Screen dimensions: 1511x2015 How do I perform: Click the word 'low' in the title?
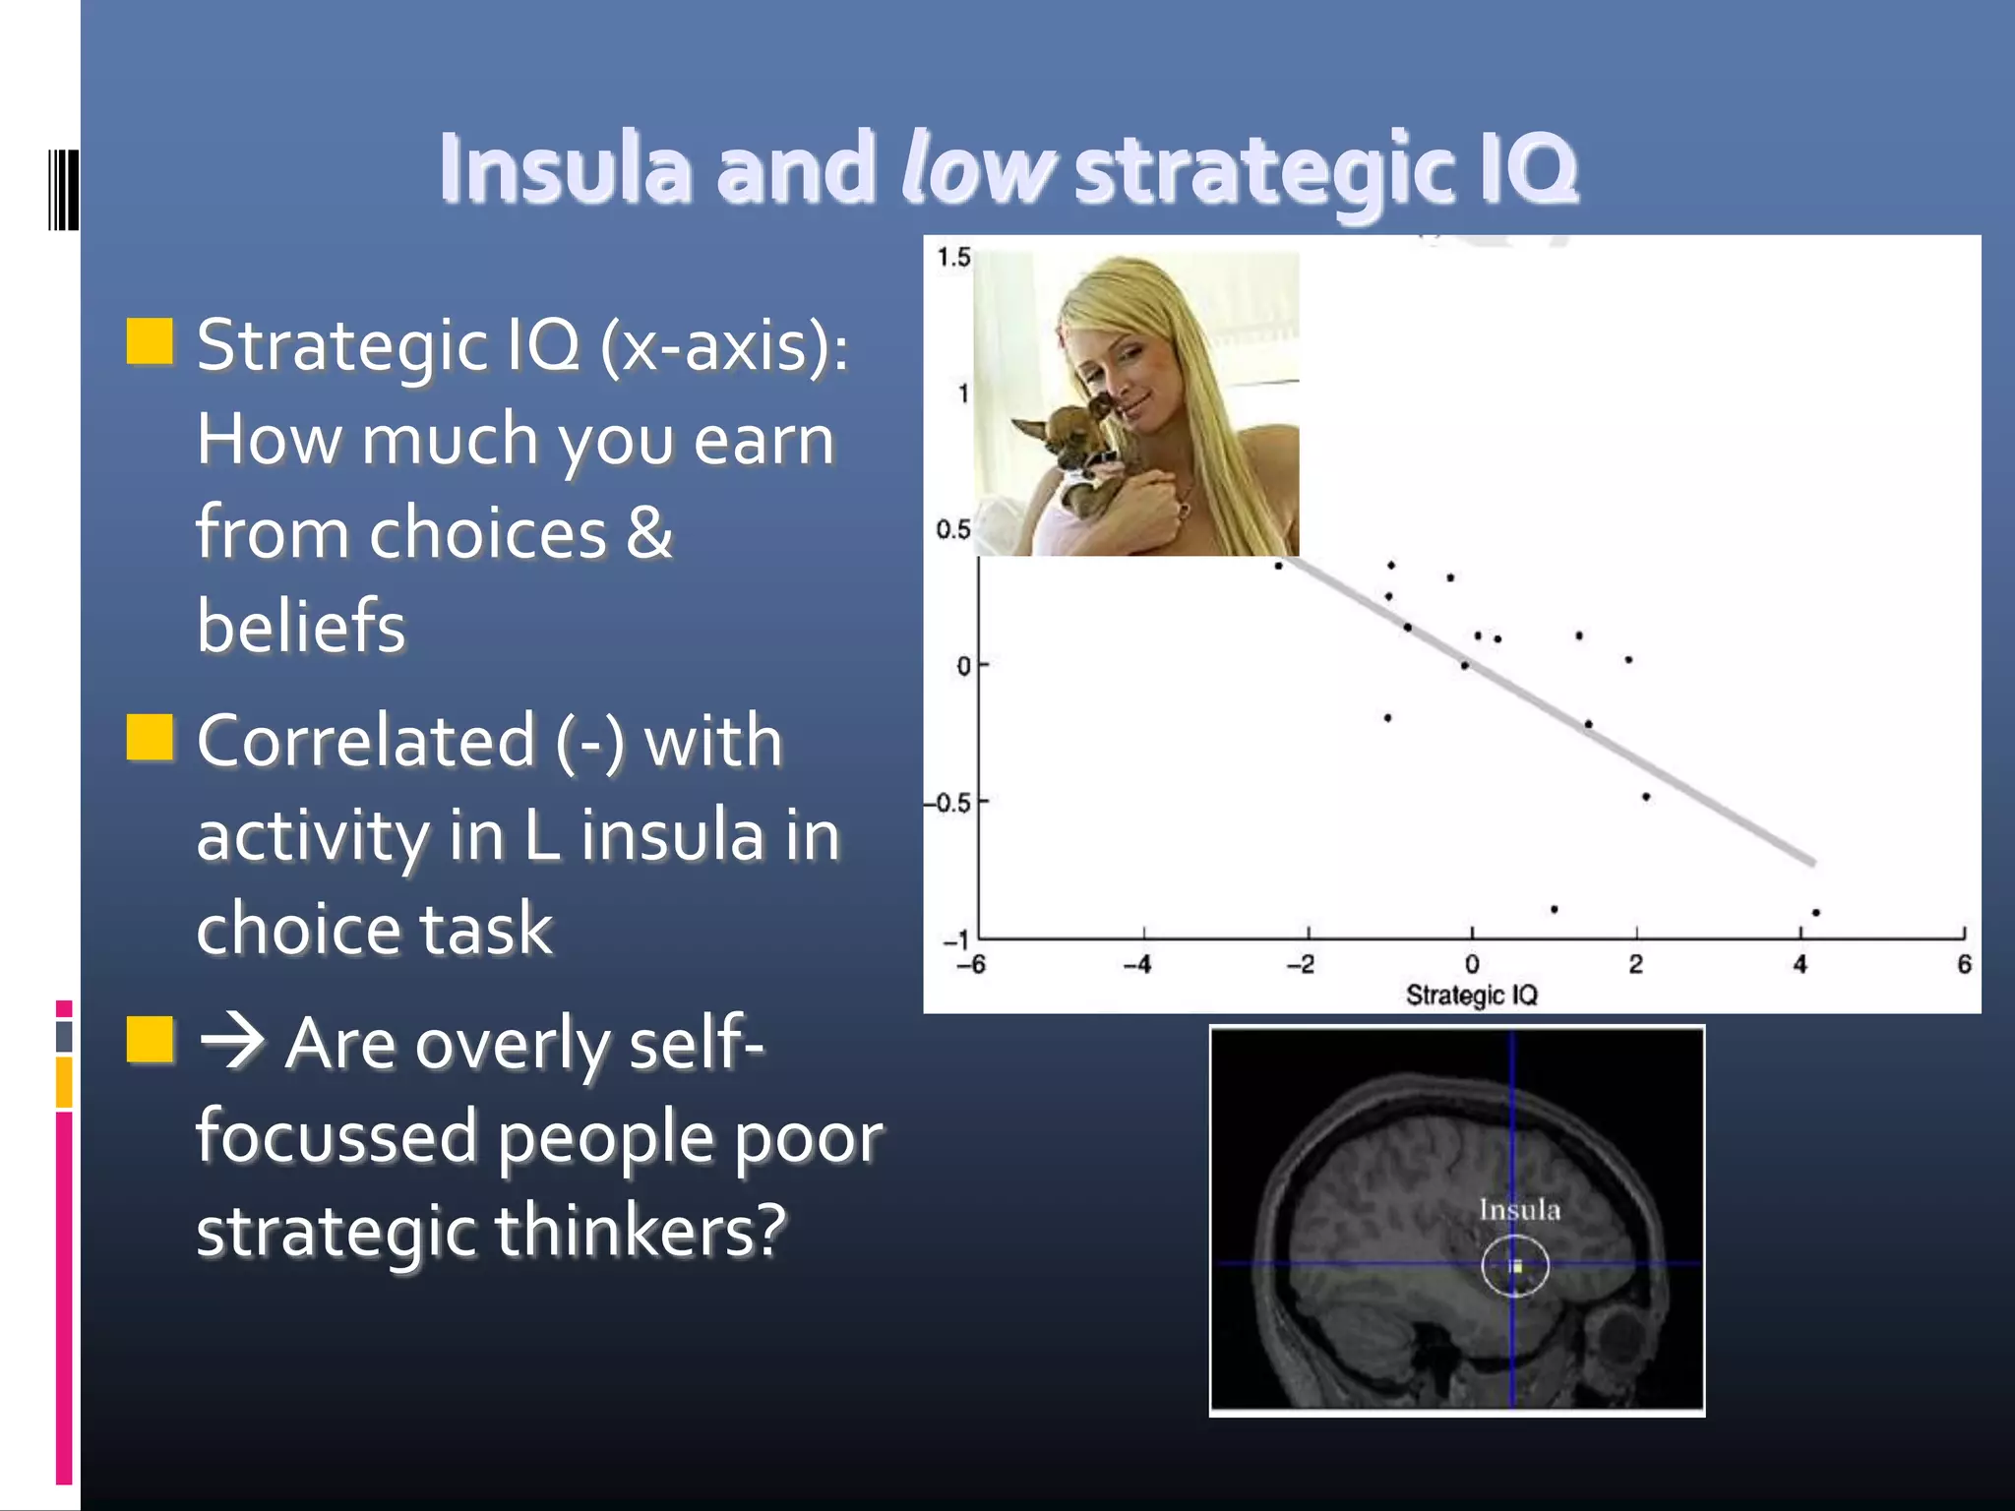[x=977, y=167]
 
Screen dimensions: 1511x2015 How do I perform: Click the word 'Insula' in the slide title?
[x=566, y=167]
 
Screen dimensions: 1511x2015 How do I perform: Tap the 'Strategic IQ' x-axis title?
[x=1471, y=995]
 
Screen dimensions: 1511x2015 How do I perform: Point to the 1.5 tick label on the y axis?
[x=952, y=258]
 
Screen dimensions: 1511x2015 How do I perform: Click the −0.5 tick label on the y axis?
[x=948, y=803]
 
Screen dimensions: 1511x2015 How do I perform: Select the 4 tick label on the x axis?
[x=1800, y=964]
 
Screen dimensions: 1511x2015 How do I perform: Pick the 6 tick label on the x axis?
[x=1964, y=964]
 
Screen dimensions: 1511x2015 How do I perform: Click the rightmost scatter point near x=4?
[x=1815, y=913]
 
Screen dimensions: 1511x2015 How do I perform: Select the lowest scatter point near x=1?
[x=1554, y=909]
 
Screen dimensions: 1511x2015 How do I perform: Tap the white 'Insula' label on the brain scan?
[x=1519, y=1210]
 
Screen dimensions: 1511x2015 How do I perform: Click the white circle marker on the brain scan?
[x=1515, y=1266]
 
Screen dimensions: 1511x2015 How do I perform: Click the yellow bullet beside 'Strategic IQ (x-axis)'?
[x=150, y=341]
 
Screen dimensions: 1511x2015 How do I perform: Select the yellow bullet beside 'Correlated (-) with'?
[x=150, y=738]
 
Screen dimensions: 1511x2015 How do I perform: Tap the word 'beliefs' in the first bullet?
[x=301, y=626]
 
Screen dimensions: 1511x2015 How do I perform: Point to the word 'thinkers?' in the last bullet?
[x=641, y=1230]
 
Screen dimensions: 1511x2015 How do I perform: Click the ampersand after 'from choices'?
[x=649, y=532]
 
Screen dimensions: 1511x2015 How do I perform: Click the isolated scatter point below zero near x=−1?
[x=1387, y=718]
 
